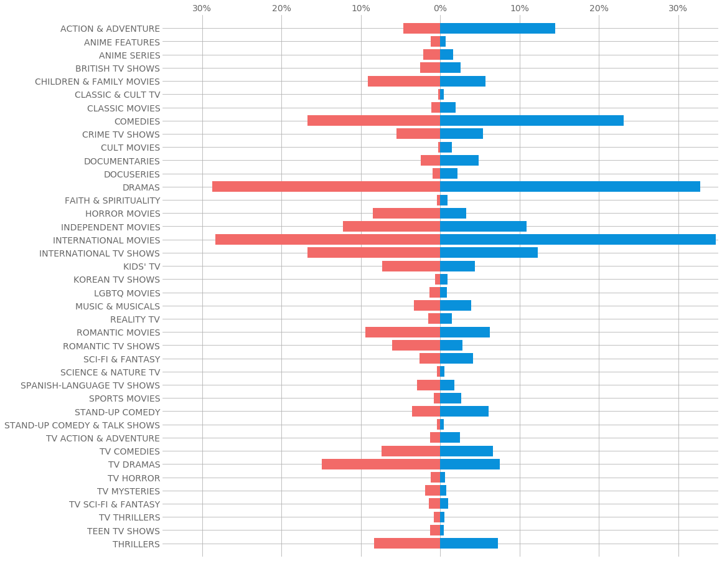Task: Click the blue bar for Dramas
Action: click(x=570, y=187)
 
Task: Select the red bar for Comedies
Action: click(x=373, y=121)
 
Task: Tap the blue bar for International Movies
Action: click(x=578, y=240)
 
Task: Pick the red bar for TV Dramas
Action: click(x=381, y=464)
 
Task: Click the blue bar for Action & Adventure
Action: click(x=497, y=29)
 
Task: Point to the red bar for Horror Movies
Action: click(x=406, y=214)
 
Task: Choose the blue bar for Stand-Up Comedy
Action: click(x=464, y=412)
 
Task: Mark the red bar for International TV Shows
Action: click(x=373, y=253)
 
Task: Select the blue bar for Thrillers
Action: click(x=469, y=544)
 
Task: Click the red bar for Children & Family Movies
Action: click(x=404, y=82)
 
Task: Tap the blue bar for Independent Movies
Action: click(x=483, y=227)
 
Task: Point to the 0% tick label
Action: click(x=440, y=8)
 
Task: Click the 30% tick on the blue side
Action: click(x=678, y=8)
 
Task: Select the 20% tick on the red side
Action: click(x=281, y=8)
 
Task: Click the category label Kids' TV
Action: click(x=141, y=266)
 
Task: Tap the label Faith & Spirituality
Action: click(x=112, y=200)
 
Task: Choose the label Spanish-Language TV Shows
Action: click(x=90, y=385)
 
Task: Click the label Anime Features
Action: click(x=122, y=42)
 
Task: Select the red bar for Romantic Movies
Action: click(x=403, y=332)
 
